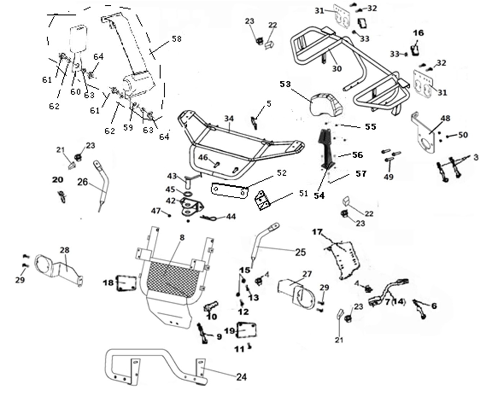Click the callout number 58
(x=177, y=39)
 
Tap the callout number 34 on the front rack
(x=229, y=119)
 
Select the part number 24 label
(x=241, y=377)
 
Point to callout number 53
(x=285, y=84)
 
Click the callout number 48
(x=446, y=118)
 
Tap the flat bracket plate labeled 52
(x=229, y=190)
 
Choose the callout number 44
(x=231, y=216)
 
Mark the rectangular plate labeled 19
(x=246, y=330)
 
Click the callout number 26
(x=83, y=182)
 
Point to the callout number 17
(x=317, y=232)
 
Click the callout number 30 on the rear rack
(x=337, y=69)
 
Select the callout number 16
(x=418, y=33)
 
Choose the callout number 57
(x=361, y=173)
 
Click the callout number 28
(x=65, y=250)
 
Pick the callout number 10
(x=212, y=316)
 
